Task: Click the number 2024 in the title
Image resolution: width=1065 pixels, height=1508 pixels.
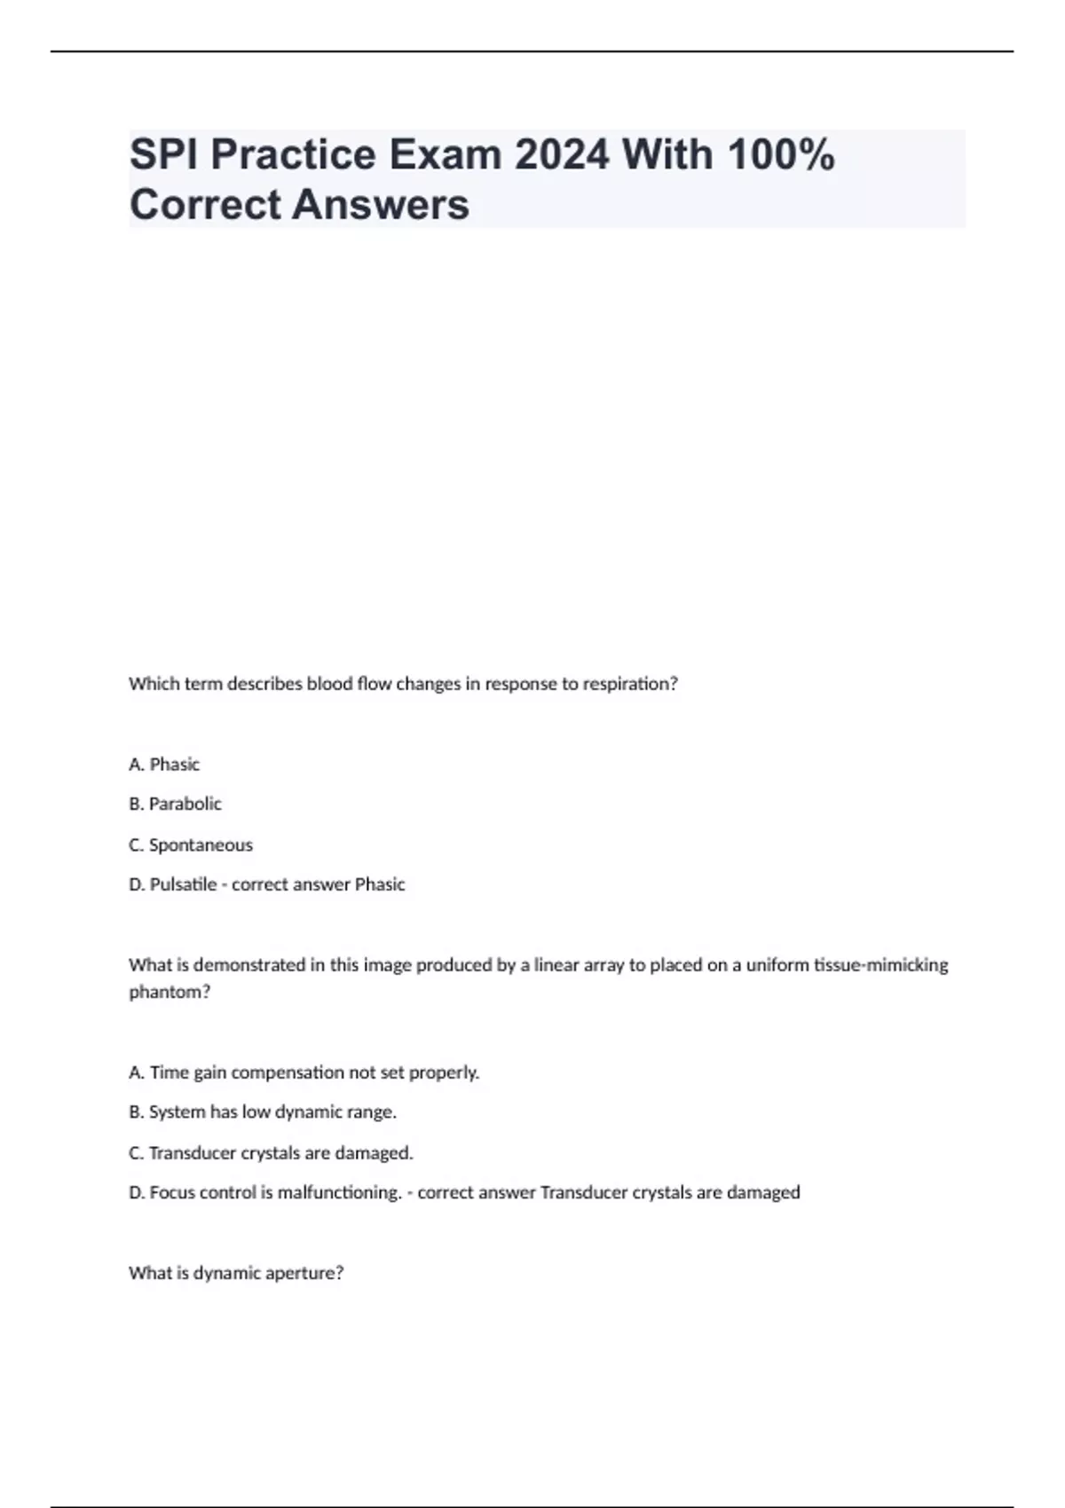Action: [562, 155]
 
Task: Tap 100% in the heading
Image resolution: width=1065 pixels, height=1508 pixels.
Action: [780, 155]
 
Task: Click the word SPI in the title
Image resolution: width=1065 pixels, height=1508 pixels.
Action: [163, 155]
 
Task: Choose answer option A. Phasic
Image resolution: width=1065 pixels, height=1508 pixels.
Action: [164, 764]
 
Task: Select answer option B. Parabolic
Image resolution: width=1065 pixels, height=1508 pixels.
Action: [175, 804]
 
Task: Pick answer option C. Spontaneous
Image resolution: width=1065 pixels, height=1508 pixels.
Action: [191, 844]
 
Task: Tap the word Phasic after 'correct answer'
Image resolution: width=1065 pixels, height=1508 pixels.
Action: [380, 884]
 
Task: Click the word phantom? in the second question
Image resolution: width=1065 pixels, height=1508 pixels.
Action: [170, 992]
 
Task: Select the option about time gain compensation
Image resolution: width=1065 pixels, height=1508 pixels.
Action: [304, 1072]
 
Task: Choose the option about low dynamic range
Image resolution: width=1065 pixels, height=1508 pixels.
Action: [263, 1111]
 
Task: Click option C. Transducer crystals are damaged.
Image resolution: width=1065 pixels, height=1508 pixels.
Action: [271, 1153]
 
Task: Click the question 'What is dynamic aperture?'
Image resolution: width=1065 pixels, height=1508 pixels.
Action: [236, 1273]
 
